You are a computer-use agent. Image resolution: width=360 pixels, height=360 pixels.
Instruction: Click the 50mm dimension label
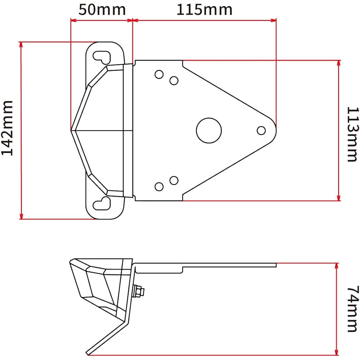(x=102, y=9)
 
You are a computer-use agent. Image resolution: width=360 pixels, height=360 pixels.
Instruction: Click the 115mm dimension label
(x=204, y=9)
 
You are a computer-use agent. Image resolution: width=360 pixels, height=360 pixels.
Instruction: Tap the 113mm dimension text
(x=352, y=134)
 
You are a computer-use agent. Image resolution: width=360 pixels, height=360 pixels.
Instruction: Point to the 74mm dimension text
(x=352, y=309)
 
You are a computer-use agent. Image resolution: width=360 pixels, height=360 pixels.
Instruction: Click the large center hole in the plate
(x=209, y=130)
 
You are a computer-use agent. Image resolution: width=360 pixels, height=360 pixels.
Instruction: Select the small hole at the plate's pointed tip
(x=262, y=130)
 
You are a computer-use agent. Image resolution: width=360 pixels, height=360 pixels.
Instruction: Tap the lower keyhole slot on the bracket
(x=103, y=204)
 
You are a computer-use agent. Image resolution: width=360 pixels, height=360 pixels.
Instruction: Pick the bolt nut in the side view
(x=138, y=292)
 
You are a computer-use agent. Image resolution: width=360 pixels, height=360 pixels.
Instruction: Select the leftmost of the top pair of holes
(x=159, y=75)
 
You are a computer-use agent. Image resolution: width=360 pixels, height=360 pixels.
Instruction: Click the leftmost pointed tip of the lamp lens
(x=72, y=130)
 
